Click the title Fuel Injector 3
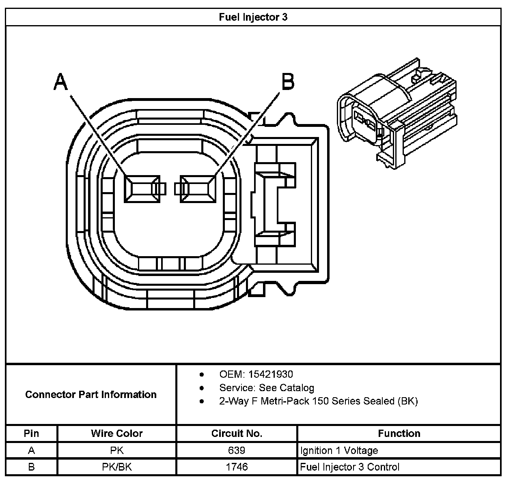coord(253,17)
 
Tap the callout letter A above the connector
coord(60,82)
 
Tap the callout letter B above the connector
coord(287,82)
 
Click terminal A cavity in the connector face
coord(142,189)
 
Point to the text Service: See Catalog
coord(267,388)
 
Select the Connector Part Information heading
coord(91,394)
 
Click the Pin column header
coord(31,433)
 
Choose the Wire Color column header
coord(117,433)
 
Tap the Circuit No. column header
coord(237,433)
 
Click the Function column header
coord(399,433)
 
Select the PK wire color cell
coord(117,450)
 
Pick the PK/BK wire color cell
coord(117,467)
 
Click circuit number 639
coord(237,450)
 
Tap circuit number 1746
coord(237,467)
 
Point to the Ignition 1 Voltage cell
coord(339,450)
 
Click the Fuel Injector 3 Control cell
coord(350,467)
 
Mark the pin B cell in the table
coord(31,467)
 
